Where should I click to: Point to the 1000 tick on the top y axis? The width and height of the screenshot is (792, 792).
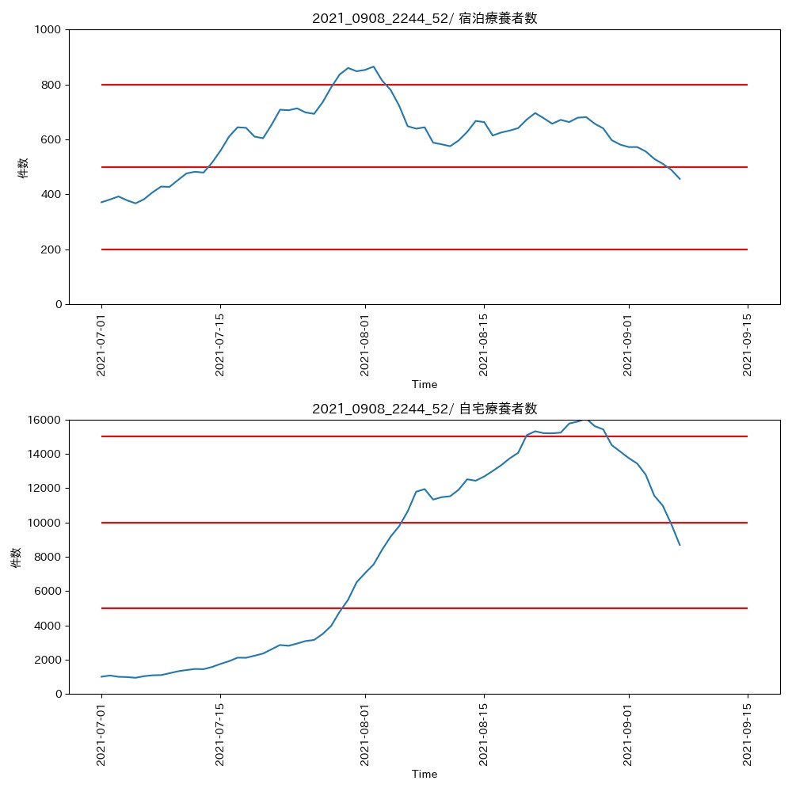tap(50, 29)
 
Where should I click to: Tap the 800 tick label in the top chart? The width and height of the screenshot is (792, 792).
tap(53, 85)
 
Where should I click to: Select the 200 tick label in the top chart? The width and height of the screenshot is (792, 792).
tap(53, 249)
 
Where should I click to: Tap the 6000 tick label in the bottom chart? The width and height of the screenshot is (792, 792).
tap(50, 592)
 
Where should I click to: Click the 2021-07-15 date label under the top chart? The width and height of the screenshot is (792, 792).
tap(220, 345)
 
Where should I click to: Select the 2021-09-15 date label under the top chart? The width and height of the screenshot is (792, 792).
tap(748, 345)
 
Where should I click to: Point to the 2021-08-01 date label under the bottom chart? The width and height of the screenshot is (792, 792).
tap(365, 735)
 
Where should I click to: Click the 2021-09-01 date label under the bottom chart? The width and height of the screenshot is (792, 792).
tap(629, 735)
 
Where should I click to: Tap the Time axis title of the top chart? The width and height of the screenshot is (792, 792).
tap(425, 385)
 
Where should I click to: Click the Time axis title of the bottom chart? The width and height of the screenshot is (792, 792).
tap(425, 775)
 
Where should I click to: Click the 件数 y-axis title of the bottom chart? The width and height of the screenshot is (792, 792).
tap(16, 557)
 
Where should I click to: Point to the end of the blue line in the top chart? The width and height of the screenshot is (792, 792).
tap(680, 179)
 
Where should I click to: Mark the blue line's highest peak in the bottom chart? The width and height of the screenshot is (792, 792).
tap(585, 420)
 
